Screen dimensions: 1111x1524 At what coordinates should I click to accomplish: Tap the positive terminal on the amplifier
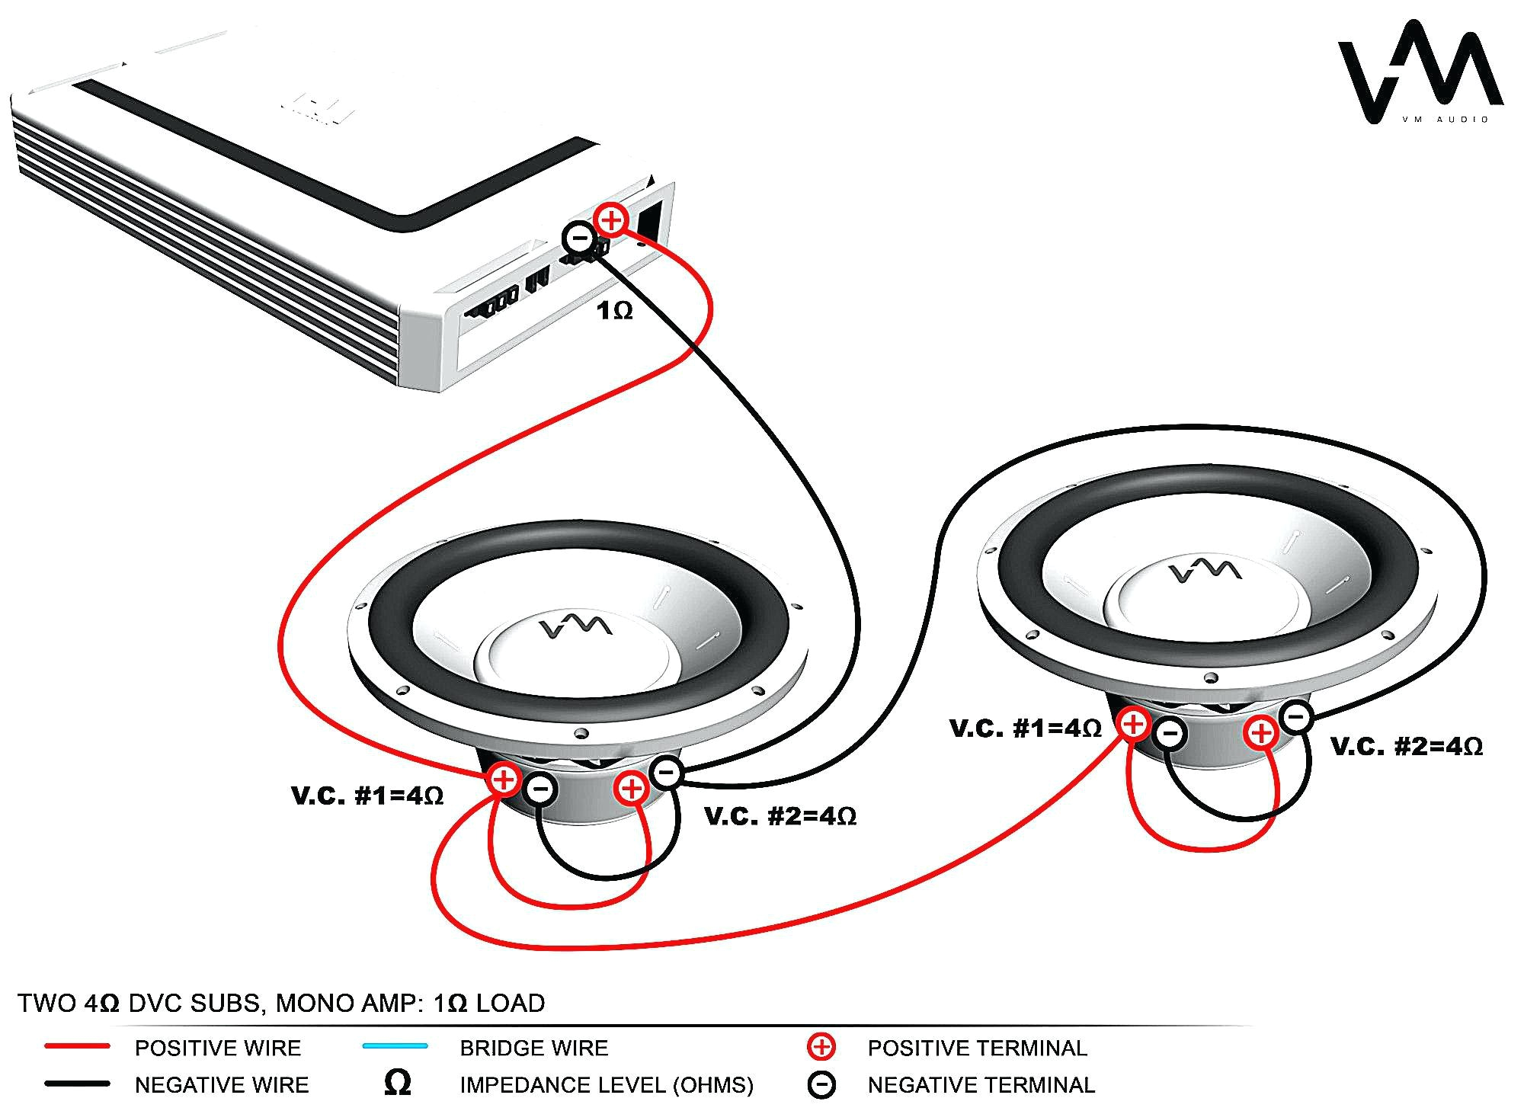611,220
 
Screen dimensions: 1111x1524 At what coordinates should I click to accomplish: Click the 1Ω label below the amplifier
615,311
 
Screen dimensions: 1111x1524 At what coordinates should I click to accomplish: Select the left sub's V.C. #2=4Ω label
780,817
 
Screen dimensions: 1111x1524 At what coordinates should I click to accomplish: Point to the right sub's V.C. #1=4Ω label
1026,728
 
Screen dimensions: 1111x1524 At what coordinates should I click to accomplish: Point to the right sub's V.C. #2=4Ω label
1407,747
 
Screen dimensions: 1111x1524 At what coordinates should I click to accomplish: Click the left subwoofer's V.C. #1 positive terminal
504,780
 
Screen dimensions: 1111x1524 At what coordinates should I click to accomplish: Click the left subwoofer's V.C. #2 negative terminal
667,773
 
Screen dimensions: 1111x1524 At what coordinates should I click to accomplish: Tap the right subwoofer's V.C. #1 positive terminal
1134,723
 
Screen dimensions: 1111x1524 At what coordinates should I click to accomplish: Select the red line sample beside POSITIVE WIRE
77,1047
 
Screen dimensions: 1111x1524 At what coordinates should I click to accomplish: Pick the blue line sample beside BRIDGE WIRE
395,1046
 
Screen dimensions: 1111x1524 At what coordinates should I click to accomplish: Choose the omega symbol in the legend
398,1083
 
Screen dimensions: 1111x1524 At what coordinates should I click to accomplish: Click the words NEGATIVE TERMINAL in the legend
981,1084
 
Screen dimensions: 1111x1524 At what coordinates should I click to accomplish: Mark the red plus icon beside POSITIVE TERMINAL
821,1047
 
